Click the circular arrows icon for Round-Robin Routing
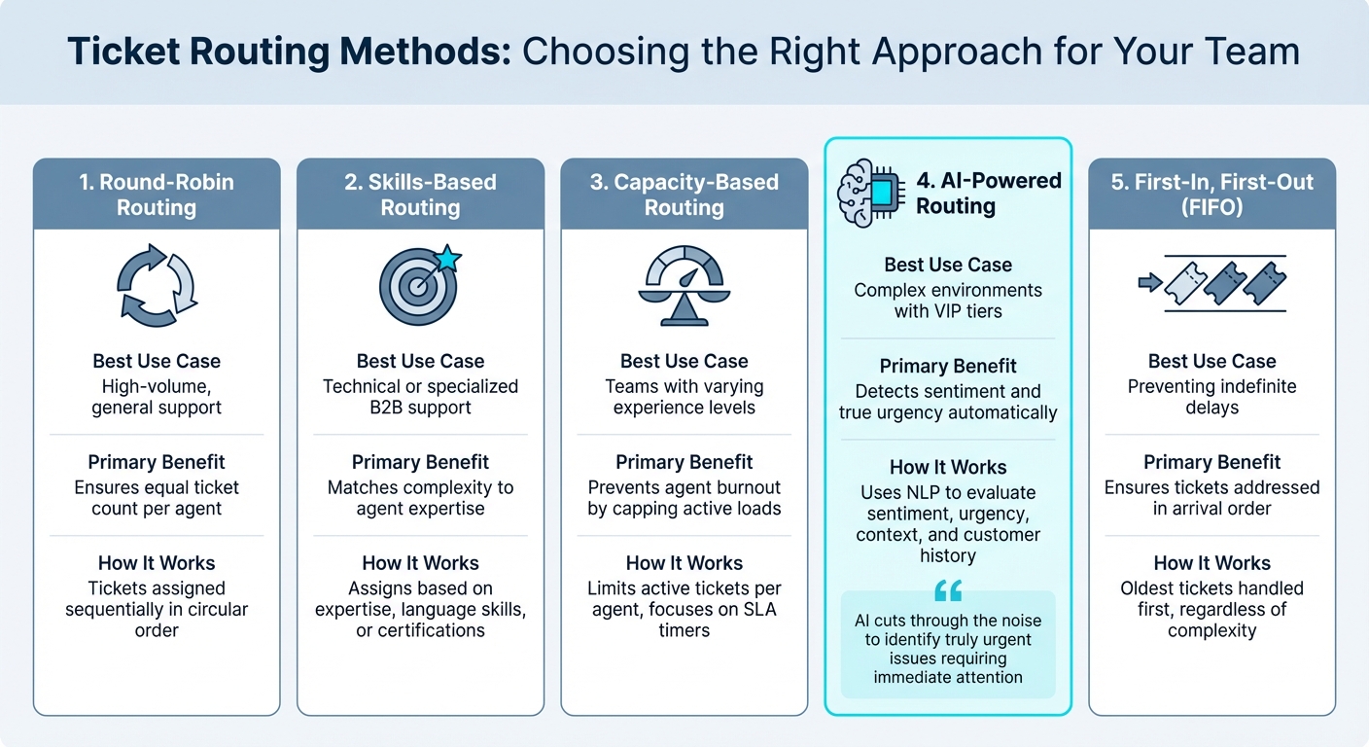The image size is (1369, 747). [x=157, y=285]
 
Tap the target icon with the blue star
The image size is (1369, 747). [x=419, y=285]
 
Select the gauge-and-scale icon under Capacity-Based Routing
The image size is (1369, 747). [x=684, y=285]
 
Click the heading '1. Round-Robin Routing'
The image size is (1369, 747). [x=157, y=195]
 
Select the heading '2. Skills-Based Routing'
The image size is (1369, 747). [x=420, y=195]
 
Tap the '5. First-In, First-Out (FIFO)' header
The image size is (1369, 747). [x=1211, y=195]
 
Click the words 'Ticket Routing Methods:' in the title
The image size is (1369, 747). [x=289, y=52]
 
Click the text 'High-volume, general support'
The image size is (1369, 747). [x=157, y=397]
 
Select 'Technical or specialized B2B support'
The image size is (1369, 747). [x=420, y=397]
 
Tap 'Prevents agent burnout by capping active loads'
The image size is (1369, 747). [x=684, y=498]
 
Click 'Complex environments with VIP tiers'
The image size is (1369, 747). [x=948, y=301]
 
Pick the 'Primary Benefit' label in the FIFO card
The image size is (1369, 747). [x=1211, y=462]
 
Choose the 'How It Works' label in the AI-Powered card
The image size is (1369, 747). [x=948, y=467]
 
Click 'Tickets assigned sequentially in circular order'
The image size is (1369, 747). [x=157, y=609]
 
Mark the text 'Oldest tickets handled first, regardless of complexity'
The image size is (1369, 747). [x=1211, y=609]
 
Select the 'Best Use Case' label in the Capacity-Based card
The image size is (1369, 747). [x=684, y=361]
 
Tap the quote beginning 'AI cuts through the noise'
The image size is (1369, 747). [x=948, y=649]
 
